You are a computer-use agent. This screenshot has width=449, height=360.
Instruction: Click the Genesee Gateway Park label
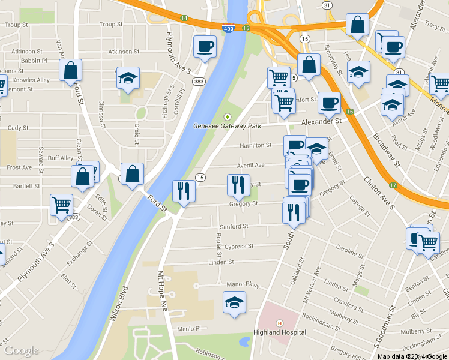tap(227, 127)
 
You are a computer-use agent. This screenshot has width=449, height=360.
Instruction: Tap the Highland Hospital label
tap(279, 332)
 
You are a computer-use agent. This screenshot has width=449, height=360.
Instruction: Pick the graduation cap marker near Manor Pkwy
tap(234, 302)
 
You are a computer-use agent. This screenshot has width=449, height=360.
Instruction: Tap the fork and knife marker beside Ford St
tap(183, 191)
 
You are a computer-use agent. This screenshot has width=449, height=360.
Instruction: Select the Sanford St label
tap(234, 226)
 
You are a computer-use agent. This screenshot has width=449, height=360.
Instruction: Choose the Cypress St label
tap(240, 246)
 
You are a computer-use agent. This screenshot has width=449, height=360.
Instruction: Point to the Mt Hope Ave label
tap(162, 290)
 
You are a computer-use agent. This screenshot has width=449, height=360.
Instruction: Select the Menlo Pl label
tap(188, 329)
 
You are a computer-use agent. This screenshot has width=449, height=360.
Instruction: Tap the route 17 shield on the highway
tap(393, 185)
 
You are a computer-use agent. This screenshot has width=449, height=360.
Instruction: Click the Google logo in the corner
tap(22, 350)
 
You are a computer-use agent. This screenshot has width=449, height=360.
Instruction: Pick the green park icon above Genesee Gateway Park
tap(227, 116)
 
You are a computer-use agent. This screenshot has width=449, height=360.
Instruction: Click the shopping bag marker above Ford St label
tap(132, 175)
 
